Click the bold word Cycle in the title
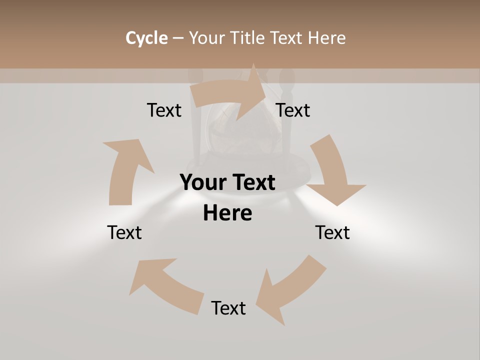coord(146,38)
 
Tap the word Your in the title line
coord(206,38)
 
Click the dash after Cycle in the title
coord(178,38)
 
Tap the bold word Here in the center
coord(227,213)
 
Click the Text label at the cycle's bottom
coord(228,308)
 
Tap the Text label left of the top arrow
coord(164,110)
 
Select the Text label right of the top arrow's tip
coord(293,110)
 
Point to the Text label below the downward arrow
coord(332,232)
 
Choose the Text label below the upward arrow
coord(125,232)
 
